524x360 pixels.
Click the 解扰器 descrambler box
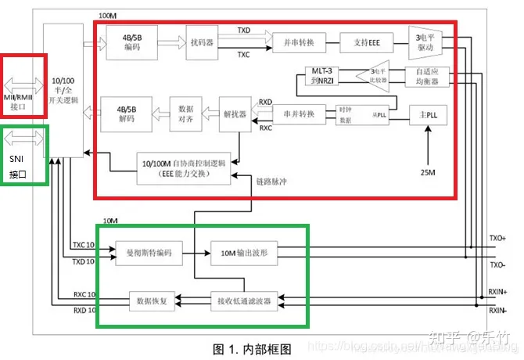click(x=234, y=114)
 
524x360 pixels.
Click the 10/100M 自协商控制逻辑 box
click(x=185, y=168)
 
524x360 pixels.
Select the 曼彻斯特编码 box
click(x=149, y=253)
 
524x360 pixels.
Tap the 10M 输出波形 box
click(x=244, y=253)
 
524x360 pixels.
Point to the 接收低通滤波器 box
click(x=243, y=299)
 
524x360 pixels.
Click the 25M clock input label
click(x=428, y=172)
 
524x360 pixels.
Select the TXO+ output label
click(x=497, y=237)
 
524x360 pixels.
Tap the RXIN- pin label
click(x=497, y=310)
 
